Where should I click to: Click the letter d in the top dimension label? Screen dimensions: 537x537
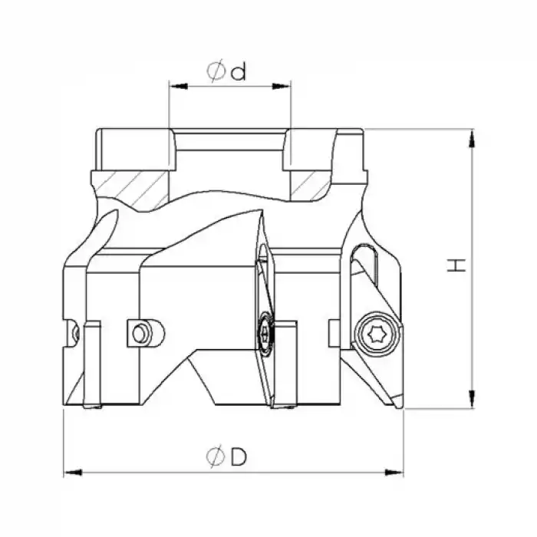pyautogui.click(x=238, y=72)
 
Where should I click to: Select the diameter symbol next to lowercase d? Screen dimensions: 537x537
pyautogui.click(x=216, y=72)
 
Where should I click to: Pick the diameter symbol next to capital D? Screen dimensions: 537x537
pyautogui.click(x=215, y=457)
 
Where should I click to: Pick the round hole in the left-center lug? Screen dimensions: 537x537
pyautogui.click(x=140, y=333)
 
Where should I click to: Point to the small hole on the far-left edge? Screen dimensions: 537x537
pyautogui.click(x=74, y=332)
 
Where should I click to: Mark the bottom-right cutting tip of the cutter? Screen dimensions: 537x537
pyautogui.click(x=400, y=405)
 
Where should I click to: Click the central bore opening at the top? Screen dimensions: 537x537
pyautogui.click(x=229, y=142)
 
